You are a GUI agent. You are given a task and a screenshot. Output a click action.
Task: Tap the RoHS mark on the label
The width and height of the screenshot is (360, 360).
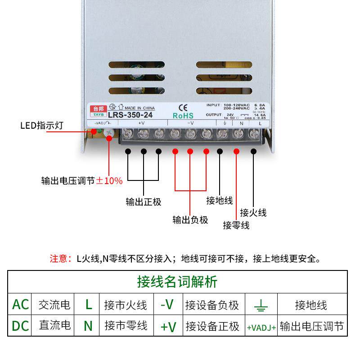tap(183, 115)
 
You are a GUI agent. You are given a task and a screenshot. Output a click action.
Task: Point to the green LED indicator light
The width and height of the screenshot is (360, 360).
tap(94, 132)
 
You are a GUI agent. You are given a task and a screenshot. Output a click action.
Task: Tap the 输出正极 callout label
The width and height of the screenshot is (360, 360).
tap(143, 202)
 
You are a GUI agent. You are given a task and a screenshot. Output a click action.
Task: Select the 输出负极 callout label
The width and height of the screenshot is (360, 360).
tap(190, 220)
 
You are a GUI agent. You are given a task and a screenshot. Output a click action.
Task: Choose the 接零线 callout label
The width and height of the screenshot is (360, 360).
tap(236, 225)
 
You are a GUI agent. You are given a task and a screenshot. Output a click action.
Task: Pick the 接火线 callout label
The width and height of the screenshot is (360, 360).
tap(253, 212)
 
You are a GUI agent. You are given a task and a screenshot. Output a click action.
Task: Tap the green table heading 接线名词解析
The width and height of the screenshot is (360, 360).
tap(177, 282)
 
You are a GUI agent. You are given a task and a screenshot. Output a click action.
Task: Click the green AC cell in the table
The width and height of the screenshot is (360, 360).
tap(20, 305)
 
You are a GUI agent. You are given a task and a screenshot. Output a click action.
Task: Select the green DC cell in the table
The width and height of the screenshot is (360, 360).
tap(20, 325)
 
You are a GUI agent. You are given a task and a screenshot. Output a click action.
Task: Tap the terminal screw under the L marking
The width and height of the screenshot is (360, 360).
tap(253, 134)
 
